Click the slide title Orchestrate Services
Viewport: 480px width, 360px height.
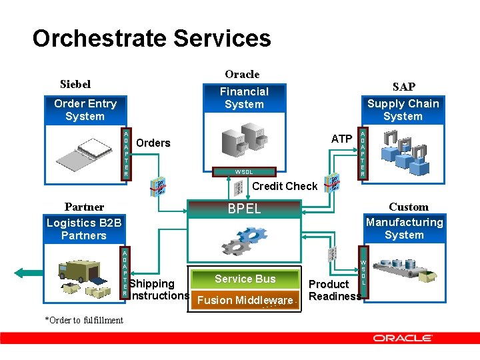pos(151,38)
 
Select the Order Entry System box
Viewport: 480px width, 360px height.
pos(85,110)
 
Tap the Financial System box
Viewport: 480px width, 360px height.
pos(244,98)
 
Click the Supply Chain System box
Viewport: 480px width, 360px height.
pos(403,110)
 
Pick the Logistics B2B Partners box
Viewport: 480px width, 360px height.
pos(84,229)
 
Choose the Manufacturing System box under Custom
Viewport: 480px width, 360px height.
pos(404,229)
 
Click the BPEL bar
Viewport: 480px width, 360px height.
pos(244,209)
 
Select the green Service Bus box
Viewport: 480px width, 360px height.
pos(245,279)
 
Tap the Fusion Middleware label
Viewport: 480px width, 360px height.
pos(245,300)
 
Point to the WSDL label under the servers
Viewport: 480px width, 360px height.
pos(243,172)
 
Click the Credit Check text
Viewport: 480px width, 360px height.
pos(284,186)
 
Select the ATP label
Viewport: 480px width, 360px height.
pos(341,139)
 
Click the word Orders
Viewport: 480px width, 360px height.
pos(153,143)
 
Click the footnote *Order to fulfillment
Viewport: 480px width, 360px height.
pos(84,320)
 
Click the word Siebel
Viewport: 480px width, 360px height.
pos(75,85)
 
